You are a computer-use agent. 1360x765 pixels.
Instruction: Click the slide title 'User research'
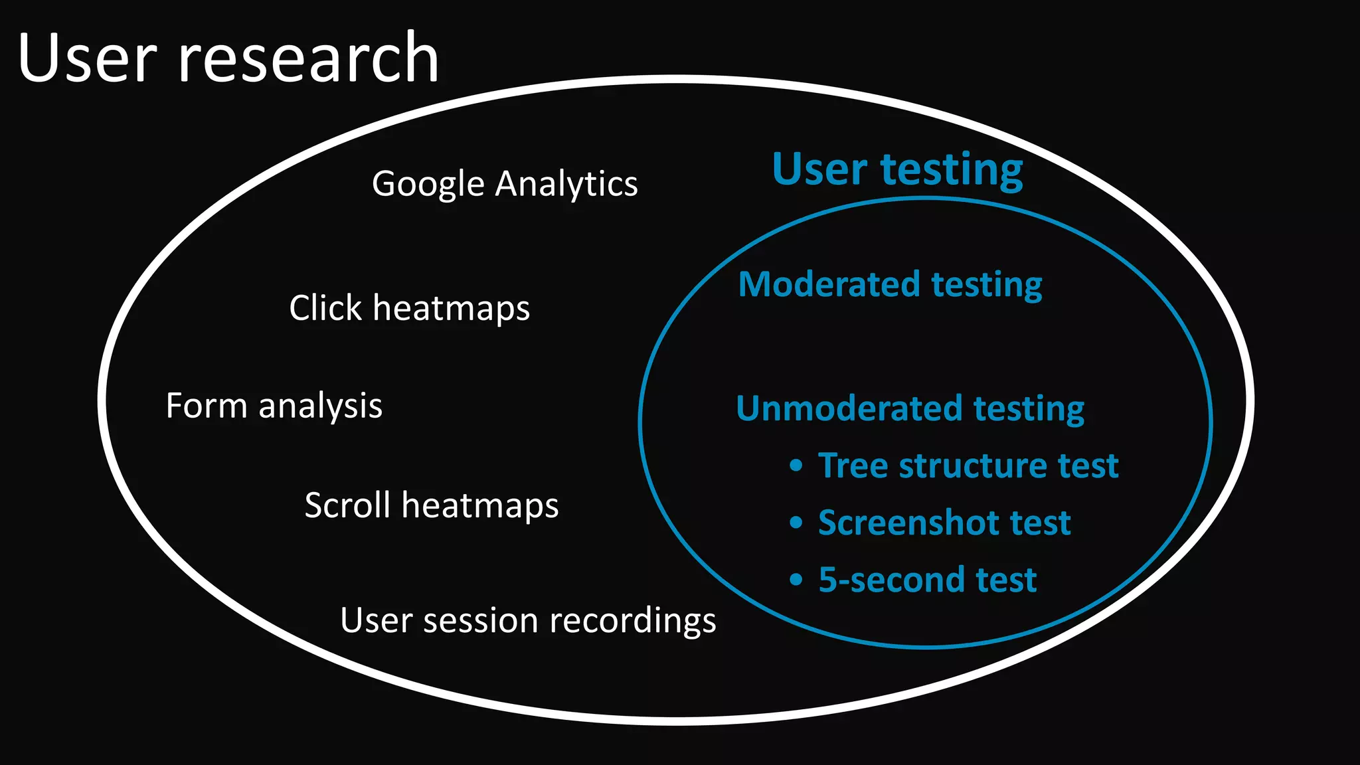[x=228, y=58]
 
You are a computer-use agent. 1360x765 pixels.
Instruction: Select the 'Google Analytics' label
[x=505, y=184]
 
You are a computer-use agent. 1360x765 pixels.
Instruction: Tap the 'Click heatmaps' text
[x=410, y=308]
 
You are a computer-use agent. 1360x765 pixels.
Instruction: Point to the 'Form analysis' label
[x=274, y=406]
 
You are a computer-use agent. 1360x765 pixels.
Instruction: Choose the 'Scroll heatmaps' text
[x=432, y=505]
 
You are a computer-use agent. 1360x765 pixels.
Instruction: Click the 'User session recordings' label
[x=528, y=621]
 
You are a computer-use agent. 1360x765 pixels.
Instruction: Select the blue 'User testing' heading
[x=897, y=169]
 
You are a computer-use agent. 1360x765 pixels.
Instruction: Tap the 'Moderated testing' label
[x=890, y=285]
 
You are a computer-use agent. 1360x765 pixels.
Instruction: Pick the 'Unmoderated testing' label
[x=910, y=408]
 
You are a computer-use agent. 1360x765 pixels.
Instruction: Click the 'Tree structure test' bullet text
[x=968, y=466]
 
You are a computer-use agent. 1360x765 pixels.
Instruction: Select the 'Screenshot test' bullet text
[x=944, y=523]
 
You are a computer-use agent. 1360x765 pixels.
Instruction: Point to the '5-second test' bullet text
[x=927, y=580]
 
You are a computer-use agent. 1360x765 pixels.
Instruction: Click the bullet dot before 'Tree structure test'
[x=796, y=466]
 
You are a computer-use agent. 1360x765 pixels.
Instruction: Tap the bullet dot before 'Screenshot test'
[x=796, y=523]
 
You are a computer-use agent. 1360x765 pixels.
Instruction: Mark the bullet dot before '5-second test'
[x=796, y=580]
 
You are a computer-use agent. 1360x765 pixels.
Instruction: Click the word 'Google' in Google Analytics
[x=428, y=184]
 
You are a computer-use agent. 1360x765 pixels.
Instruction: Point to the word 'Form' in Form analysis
[x=207, y=406]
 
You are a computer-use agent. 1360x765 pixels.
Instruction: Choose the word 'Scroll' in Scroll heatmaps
[x=347, y=505]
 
